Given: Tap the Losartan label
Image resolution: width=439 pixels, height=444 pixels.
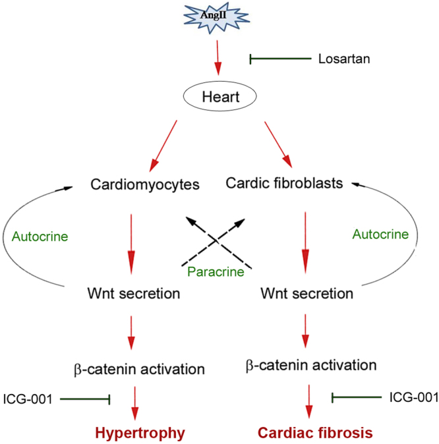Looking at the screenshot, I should (x=344, y=59).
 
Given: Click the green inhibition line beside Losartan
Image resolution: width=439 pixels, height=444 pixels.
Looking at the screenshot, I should (x=280, y=59).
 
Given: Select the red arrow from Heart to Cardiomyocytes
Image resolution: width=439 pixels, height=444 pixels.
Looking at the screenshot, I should (x=163, y=145).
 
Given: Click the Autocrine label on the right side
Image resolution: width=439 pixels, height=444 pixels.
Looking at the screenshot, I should (x=380, y=234).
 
